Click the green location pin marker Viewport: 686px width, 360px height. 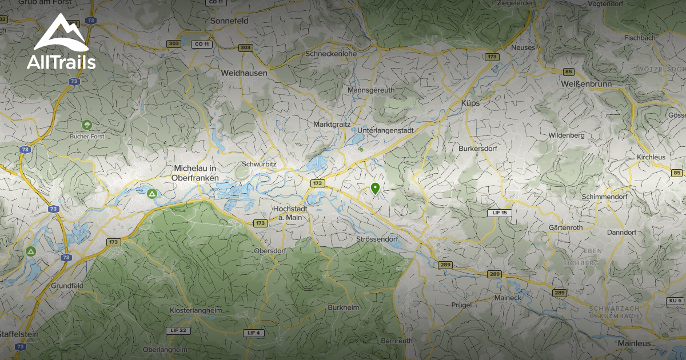[x=375, y=188]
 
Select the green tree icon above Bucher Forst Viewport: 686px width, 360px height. [x=87, y=125]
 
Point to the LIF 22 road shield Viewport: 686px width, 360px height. [x=178, y=330]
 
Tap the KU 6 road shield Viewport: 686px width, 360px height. [x=675, y=301]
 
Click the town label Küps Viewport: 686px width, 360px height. [x=470, y=103]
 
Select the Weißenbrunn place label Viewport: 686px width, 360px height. [x=587, y=84]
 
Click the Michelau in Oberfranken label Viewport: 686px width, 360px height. [x=195, y=173]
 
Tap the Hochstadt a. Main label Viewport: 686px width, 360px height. [x=291, y=213]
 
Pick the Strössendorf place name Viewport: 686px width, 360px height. [x=376, y=239]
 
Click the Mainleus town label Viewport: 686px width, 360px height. [x=634, y=343]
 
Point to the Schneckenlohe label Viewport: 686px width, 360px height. [x=331, y=54]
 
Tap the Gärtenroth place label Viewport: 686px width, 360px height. [x=565, y=227]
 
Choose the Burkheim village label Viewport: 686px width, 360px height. [x=343, y=307]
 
